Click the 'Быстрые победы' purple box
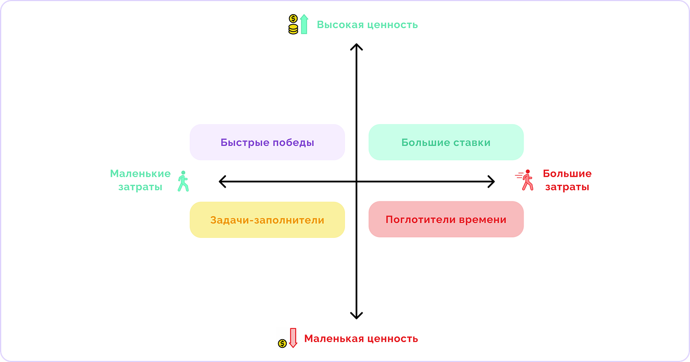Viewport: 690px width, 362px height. tap(267, 142)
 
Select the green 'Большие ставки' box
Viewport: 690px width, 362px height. tap(446, 142)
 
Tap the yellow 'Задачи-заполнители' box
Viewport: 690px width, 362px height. tap(267, 220)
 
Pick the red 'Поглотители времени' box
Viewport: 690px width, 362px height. tap(446, 219)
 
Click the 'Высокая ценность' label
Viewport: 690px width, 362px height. tap(367, 25)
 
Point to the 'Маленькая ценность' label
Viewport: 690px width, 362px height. tap(361, 339)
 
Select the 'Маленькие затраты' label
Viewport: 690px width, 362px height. tap(140, 180)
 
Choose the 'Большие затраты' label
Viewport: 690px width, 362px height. tap(567, 180)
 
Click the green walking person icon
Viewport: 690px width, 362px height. tap(183, 181)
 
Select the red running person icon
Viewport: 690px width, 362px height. tap(525, 180)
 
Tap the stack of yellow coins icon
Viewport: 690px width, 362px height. tap(293, 24)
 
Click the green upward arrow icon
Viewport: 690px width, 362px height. tap(304, 24)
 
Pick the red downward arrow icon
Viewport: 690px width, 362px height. tap(293, 338)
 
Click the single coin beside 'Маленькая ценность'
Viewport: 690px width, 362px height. tap(282, 343)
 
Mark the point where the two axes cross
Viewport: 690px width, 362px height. tap(356, 181)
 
